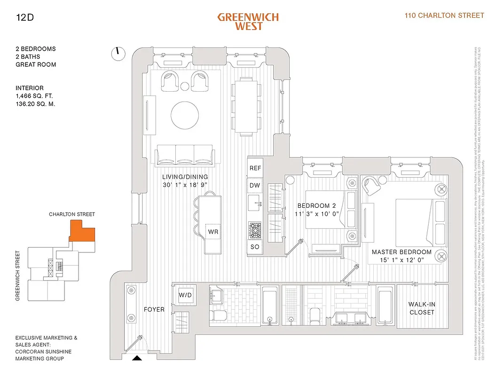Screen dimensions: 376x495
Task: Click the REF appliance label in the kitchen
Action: pyautogui.click(x=255, y=168)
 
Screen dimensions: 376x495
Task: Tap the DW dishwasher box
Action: pyautogui.click(x=255, y=186)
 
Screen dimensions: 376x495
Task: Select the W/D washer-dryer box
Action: pyautogui.click(x=184, y=295)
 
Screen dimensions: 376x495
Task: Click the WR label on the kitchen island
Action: pyautogui.click(x=213, y=232)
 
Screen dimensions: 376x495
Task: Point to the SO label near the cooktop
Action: pyautogui.click(x=255, y=247)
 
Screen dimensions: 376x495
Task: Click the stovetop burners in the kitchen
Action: pyautogui.click(x=255, y=229)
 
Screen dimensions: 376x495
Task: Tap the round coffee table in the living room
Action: pyautogui.click(x=187, y=116)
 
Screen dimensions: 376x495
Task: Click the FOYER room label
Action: pyautogui.click(x=154, y=309)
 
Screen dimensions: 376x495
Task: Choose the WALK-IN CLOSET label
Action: pyautogui.click(x=422, y=308)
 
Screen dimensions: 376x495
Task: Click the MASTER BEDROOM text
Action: pyautogui.click(x=401, y=252)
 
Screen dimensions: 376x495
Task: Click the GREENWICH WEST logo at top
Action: pyautogui.click(x=248, y=21)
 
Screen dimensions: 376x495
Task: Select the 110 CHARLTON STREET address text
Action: pyautogui.click(x=444, y=16)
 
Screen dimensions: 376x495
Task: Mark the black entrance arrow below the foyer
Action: pyautogui.click(x=137, y=359)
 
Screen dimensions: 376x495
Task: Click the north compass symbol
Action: pyautogui.click(x=118, y=53)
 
